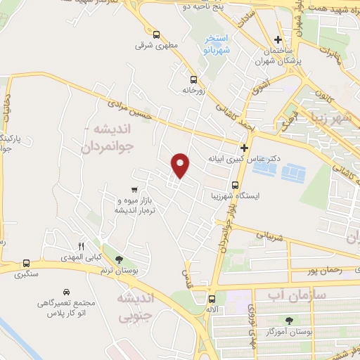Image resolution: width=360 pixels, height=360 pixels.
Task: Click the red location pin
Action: point(181,165)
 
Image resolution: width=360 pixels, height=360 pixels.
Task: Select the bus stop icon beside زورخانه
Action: point(192,79)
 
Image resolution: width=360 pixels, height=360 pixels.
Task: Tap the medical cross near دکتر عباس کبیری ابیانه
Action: point(244,148)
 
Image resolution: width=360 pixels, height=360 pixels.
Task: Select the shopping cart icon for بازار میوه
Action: point(134,190)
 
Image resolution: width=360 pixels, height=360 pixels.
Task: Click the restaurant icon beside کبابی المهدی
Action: point(80,246)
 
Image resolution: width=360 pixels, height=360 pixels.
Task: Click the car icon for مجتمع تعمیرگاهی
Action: point(65,291)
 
